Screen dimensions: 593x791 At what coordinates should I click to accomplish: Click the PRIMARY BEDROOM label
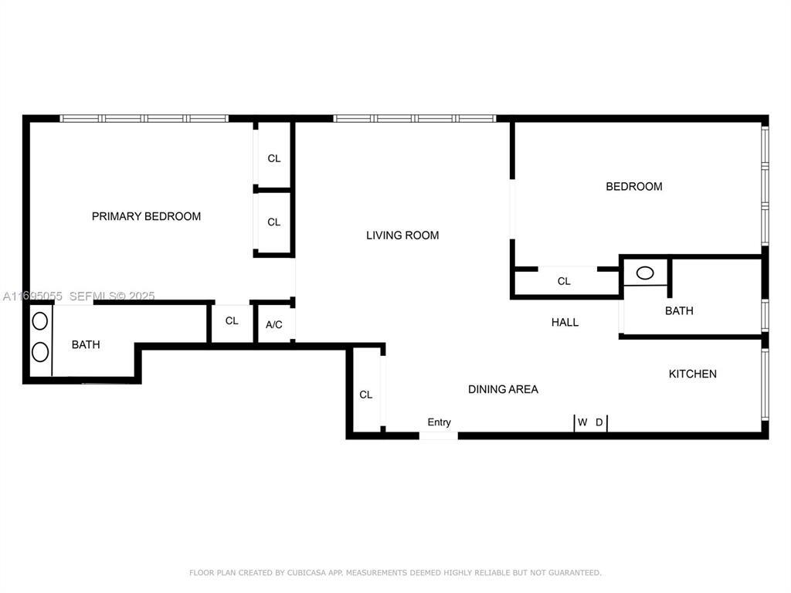coord(146,216)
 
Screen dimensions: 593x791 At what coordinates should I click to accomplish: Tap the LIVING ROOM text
coord(402,236)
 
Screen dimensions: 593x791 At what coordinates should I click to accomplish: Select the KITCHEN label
coord(692,374)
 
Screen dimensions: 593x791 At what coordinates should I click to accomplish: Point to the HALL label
coord(565,322)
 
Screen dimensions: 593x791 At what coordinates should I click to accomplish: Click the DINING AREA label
coord(503,389)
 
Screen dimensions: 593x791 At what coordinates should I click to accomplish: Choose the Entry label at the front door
coord(439,422)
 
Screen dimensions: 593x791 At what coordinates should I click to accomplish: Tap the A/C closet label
coord(274,325)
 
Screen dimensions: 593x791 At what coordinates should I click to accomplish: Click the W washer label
coord(582,422)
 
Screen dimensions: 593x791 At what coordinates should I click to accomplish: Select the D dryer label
coord(599,422)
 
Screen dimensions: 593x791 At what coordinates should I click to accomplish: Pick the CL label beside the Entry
coord(365,395)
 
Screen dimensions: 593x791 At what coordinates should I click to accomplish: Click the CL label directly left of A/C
coord(232,321)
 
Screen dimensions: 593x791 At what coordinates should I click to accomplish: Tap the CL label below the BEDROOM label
coord(564,281)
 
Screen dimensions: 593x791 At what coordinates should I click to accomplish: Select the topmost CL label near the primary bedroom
coord(274,158)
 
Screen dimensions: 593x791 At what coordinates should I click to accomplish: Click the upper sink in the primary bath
coord(40,320)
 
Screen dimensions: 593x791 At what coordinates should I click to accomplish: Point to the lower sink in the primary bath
coord(40,352)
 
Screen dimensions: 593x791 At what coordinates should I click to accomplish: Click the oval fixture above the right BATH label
coord(644,273)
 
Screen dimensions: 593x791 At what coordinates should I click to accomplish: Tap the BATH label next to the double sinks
coord(86,344)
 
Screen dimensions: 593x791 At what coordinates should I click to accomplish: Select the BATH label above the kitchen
coord(679,310)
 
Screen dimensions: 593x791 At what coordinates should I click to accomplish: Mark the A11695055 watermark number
coord(32,296)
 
